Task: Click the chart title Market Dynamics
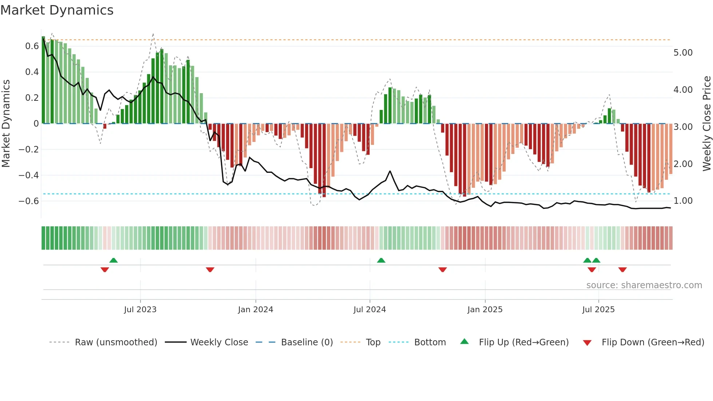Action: click(x=57, y=10)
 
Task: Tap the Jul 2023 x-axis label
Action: click(x=140, y=310)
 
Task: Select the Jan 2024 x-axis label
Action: click(x=255, y=310)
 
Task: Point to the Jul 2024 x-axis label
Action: click(x=370, y=310)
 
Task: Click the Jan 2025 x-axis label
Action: click(x=485, y=310)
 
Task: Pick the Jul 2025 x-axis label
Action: click(x=598, y=310)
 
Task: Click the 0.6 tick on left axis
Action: click(x=32, y=46)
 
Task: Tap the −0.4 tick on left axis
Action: click(x=29, y=175)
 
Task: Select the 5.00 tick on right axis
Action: click(x=683, y=53)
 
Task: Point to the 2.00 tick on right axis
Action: click(x=683, y=164)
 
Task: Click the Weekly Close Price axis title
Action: click(x=706, y=124)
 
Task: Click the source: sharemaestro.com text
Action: click(x=644, y=285)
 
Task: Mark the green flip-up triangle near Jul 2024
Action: click(x=381, y=261)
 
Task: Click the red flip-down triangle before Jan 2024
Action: click(x=210, y=270)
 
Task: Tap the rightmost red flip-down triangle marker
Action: click(x=622, y=270)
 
